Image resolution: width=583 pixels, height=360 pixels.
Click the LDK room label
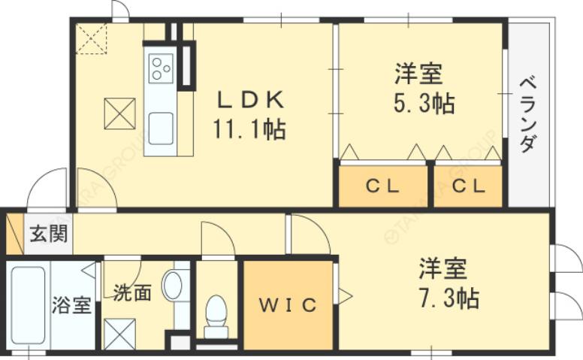click(x=250, y=101)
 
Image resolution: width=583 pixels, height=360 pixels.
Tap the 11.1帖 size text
click(x=249, y=129)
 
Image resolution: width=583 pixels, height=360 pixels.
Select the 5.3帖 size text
click(x=424, y=103)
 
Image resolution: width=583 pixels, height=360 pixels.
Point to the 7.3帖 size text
click(x=449, y=298)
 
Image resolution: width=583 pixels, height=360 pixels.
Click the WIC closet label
click(x=288, y=305)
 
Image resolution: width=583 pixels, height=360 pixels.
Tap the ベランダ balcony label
click(x=527, y=113)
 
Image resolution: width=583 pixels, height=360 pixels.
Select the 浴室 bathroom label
click(x=72, y=305)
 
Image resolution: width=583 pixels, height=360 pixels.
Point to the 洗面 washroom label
click(x=132, y=292)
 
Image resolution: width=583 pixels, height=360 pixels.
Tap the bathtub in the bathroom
click(x=27, y=307)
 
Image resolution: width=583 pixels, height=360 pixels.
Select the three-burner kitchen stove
click(x=161, y=68)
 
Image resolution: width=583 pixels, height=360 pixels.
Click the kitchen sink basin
click(x=161, y=128)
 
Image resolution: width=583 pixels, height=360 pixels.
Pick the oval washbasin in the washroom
click(x=173, y=286)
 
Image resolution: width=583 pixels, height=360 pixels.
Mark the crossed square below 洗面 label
click(x=120, y=333)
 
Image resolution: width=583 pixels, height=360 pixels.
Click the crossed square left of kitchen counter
click(x=119, y=113)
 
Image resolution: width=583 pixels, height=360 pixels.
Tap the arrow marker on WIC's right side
click(x=345, y=296)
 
